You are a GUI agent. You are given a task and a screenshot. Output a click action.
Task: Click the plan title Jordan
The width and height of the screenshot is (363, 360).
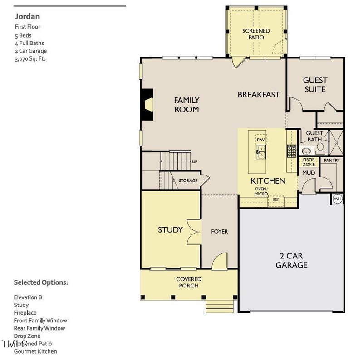point(27,17)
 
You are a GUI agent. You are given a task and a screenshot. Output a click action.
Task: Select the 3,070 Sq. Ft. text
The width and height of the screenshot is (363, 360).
point(30,59)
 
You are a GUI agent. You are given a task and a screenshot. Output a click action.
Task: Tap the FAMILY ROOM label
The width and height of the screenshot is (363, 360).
point(186,105)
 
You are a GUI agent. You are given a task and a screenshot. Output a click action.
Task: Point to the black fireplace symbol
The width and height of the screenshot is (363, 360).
point(147,104)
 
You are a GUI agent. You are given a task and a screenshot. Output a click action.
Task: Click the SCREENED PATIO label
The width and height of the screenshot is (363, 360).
point(256,34)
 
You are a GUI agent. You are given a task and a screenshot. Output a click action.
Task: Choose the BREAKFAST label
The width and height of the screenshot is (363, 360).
point(259,95)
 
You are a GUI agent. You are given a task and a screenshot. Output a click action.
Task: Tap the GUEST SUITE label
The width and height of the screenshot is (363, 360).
point(315,85)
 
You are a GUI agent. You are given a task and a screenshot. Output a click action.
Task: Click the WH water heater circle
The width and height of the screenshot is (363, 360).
point(338,199)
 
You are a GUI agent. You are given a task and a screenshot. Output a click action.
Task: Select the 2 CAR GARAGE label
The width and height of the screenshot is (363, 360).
point(291,261)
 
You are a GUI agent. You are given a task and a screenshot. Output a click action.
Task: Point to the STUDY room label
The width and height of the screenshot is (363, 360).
point(170,229)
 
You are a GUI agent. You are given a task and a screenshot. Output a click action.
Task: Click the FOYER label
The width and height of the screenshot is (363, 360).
point(220,232)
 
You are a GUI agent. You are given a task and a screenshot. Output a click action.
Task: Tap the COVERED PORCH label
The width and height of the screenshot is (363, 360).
point(189,282)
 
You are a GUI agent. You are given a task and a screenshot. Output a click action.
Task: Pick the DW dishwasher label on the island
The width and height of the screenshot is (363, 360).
point(260,140)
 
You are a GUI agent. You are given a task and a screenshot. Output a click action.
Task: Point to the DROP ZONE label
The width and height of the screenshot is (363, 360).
point(309,162)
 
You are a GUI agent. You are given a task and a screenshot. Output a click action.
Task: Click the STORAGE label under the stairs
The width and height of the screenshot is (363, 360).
point(188,181)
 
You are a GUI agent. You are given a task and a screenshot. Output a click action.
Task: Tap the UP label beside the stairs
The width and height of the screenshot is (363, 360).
point(195,162)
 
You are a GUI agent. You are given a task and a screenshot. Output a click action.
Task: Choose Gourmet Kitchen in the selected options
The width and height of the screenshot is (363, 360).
point(35,351)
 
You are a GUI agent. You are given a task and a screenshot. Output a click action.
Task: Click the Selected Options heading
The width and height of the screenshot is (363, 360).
point(41,282)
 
